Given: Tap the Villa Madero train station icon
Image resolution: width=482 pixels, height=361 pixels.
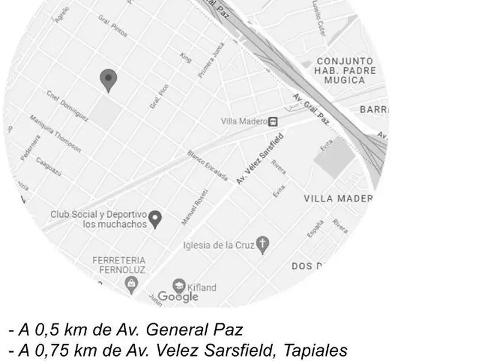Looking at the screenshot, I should tap(273, 122).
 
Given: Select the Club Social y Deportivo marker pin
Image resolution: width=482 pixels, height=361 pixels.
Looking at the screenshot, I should tap(155, 219).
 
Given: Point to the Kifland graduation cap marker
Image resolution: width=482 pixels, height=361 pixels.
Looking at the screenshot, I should tap(179, 286).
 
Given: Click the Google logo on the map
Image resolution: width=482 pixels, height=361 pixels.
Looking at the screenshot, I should tap(178, 297).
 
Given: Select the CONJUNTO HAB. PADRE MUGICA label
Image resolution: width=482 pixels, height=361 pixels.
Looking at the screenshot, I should tap(345, 71).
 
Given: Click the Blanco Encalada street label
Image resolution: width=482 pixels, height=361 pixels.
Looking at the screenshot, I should tap(208, 165).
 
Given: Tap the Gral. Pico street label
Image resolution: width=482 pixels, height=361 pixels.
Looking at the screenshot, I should tap(159, 96).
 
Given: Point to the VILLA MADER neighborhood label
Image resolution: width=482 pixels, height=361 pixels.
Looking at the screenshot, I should tap(338, 198).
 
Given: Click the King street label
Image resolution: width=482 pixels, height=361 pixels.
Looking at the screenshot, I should tap(185, 57).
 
